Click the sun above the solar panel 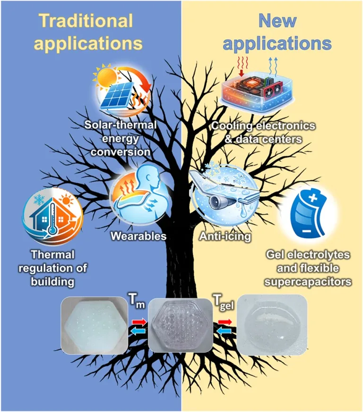pos(106,75)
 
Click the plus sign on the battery pos(312,198)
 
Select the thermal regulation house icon pos(52,216)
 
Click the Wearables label pos(138,236)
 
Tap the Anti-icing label pos(225,236)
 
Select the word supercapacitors pos(308,282)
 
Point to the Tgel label pos(223,302)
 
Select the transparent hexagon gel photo pos(181,325)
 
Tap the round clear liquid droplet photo pos(272,325)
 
